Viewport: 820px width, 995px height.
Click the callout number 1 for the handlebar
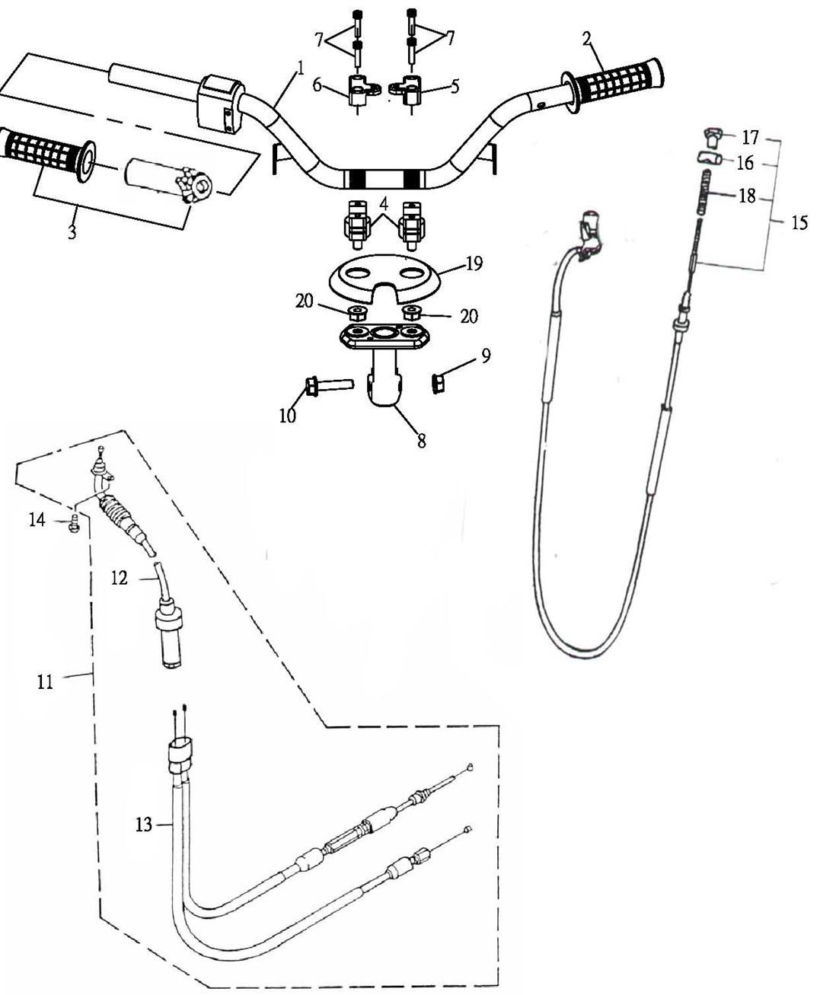coord(300,69)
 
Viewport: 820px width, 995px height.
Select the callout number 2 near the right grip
coord(587,40)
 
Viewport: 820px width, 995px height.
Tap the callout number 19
coord(474,263)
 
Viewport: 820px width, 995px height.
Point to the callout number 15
coord(799,222)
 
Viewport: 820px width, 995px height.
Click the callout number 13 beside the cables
coord(143,824)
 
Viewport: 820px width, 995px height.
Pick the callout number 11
coord(45,682)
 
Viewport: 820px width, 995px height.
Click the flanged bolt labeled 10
coord(328,385)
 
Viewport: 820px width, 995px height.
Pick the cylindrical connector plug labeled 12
coord(168,637)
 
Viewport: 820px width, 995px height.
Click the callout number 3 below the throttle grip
coord(72,232)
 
